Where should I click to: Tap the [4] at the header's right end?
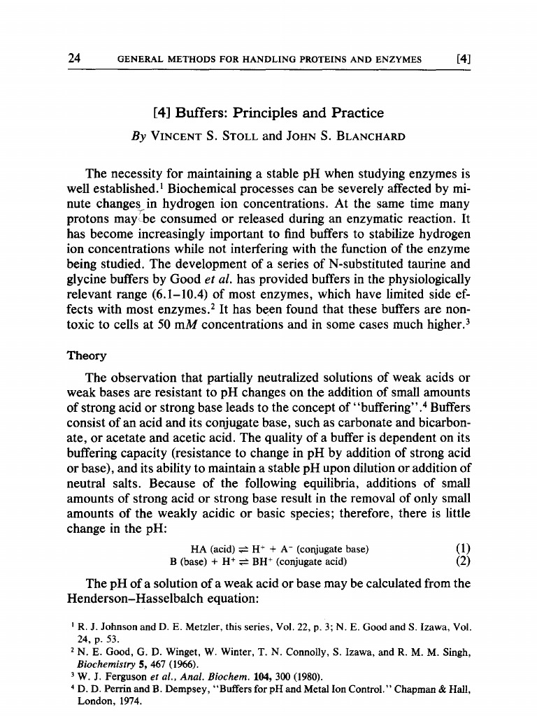click(x=461, y=59)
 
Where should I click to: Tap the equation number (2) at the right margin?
click(x=461, y=561)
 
